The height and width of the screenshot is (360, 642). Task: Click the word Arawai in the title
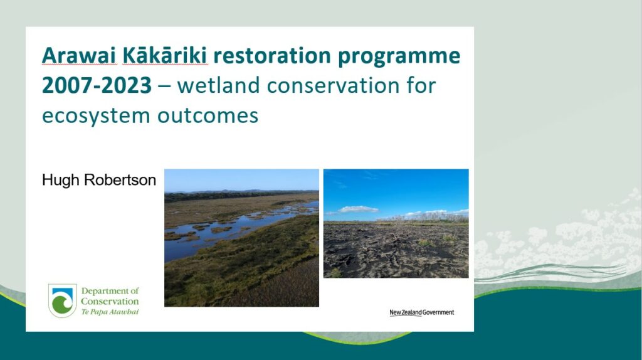(x=79, y=56)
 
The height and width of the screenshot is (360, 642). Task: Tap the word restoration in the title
(x=272, y=56)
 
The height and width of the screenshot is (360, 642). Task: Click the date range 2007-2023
(x=97, y=85)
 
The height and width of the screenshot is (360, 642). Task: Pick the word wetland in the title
(x=219, y=85)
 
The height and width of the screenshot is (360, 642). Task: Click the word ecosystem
(x=96, y=116)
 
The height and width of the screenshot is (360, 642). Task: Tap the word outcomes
(x=208, y=115)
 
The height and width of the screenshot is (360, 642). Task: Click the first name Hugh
(x=60, y=181)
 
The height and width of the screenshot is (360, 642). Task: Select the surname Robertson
(x=120, y=180)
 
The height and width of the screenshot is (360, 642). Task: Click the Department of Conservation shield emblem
(x=62, y=300)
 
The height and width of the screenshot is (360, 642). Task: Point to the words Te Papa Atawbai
(x=110, y=312)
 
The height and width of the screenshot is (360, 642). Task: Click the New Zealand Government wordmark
(x=422, y=312)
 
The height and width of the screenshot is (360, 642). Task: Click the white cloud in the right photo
(x=358, y=209)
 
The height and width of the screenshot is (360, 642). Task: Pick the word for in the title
(x=421, y=85)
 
